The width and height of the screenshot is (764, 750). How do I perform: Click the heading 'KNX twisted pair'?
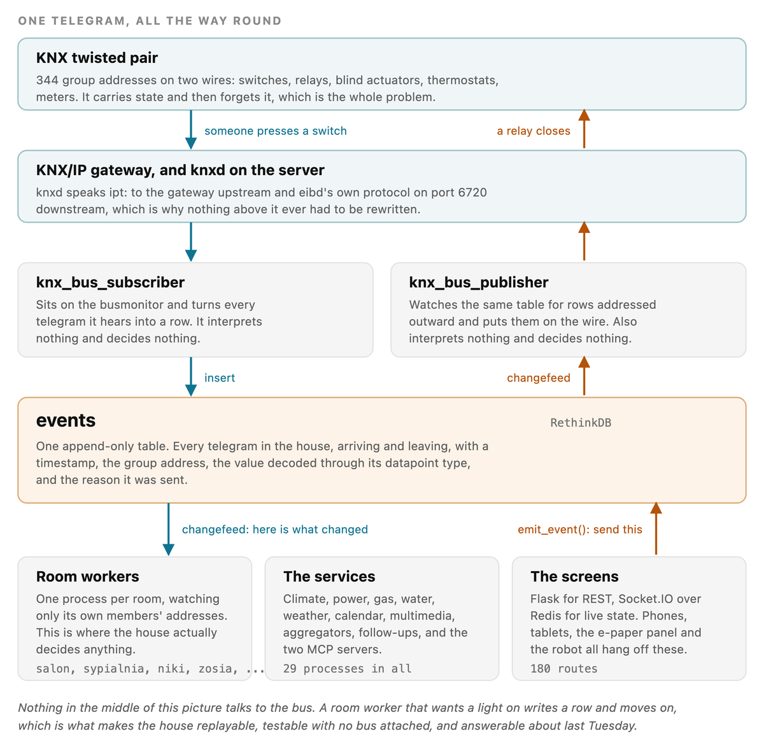97,58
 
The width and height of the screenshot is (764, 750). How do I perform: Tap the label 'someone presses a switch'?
276,131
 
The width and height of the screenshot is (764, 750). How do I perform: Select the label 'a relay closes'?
534,131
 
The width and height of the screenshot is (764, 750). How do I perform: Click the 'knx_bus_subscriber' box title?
110,283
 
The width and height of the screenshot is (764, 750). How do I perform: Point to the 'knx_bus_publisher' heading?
479,283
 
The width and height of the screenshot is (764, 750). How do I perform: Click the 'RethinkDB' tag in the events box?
581,423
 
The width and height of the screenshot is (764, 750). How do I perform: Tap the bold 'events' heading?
66,420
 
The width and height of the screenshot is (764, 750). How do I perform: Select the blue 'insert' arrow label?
220,378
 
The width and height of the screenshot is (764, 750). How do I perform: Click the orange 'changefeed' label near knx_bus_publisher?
539,378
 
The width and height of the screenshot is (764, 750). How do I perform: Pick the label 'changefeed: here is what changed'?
275,530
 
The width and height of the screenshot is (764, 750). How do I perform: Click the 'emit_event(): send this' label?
579,530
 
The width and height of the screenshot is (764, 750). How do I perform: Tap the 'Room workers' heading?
88,576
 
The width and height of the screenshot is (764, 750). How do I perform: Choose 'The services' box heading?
329,576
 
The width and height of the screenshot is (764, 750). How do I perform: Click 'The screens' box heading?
574,576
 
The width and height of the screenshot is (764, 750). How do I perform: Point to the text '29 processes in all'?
348,669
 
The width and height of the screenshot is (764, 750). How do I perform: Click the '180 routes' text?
564,669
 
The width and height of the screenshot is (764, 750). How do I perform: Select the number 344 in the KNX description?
47,80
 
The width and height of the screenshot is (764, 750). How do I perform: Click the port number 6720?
472,192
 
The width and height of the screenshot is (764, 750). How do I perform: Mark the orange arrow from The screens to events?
656,528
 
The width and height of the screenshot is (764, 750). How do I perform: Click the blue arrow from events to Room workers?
169,530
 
